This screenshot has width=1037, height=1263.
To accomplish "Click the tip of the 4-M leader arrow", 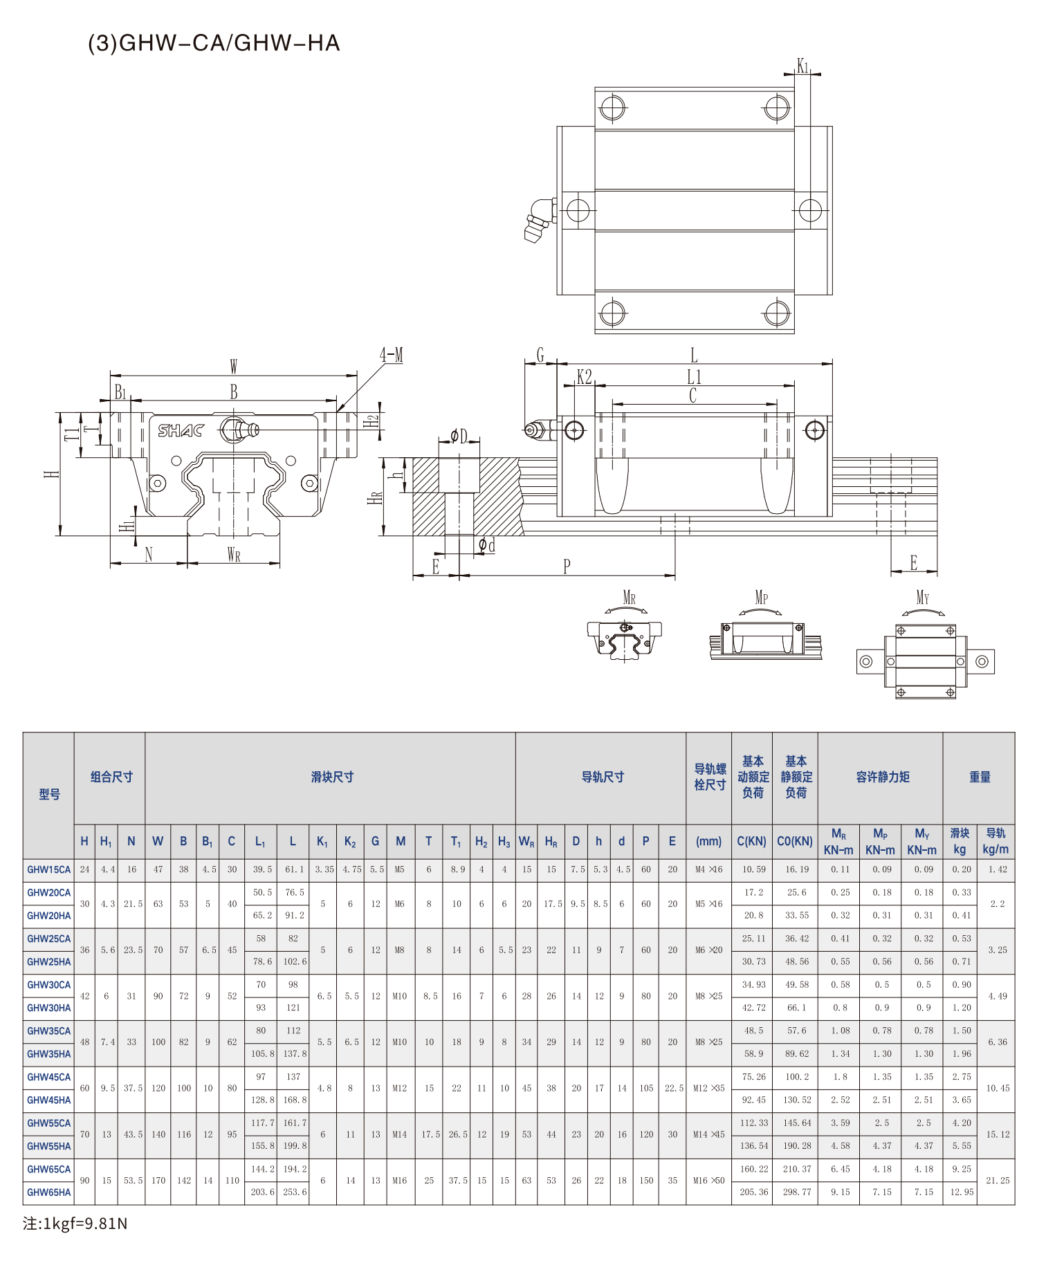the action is coord(337,412).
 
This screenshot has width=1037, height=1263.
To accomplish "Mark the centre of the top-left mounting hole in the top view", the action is coord(613,108).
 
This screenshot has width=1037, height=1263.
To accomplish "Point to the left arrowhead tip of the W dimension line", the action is coord(111,376).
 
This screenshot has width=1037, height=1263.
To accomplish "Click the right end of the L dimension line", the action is coord(832,363).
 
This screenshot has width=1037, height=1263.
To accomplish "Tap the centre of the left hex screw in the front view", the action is coord(158,483).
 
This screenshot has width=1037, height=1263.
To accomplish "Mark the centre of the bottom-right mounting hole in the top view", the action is coord(777,313).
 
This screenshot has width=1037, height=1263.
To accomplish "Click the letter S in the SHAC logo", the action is coord(165,430).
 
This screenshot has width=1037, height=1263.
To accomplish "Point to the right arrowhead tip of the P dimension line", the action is coord(674,575).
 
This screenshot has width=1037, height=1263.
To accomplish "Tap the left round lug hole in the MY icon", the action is coord(865,662).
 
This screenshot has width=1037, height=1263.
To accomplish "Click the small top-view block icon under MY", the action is coord(926,661).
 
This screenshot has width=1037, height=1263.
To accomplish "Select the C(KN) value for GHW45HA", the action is coord(753,1100).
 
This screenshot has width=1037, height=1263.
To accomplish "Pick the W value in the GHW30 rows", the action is coord(158,996).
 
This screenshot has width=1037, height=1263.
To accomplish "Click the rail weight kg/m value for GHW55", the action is coord(998,1134).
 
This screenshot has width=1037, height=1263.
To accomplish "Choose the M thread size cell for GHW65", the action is coord(400,1181).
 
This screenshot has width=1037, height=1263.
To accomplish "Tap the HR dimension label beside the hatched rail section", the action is coord(375,497).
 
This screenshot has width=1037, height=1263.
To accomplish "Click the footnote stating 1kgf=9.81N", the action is coord(75,1224).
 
